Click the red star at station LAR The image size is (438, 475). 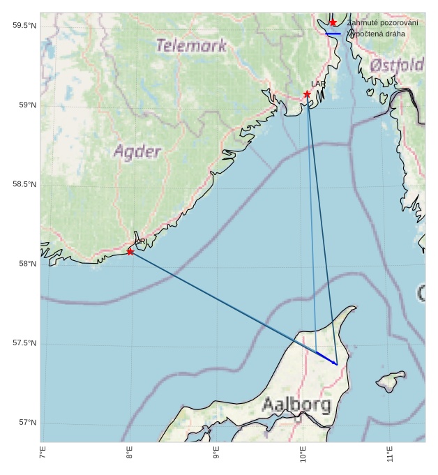click(307, 94)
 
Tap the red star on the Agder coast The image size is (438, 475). click(130, 251)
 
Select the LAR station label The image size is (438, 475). click(318, 84)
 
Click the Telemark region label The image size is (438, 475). click(192, 46)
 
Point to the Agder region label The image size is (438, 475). click(137, 151)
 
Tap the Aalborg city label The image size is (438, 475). click(296, 405)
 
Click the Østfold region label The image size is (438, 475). click(397, 66)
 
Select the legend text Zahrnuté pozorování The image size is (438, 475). click(383, 23)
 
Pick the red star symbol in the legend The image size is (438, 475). click(333, 23)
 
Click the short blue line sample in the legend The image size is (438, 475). click(333, 33)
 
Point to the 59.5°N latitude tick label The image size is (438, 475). click(24, 26)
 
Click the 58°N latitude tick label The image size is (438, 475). click(27, 264)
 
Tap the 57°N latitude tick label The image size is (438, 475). click(27, 423)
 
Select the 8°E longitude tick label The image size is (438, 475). click(129, 454)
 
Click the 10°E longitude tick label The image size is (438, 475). click(303, 454)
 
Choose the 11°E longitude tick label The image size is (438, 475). click(390, 454)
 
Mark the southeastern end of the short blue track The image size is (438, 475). click(337, 364)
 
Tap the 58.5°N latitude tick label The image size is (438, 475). click(24, 184)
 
